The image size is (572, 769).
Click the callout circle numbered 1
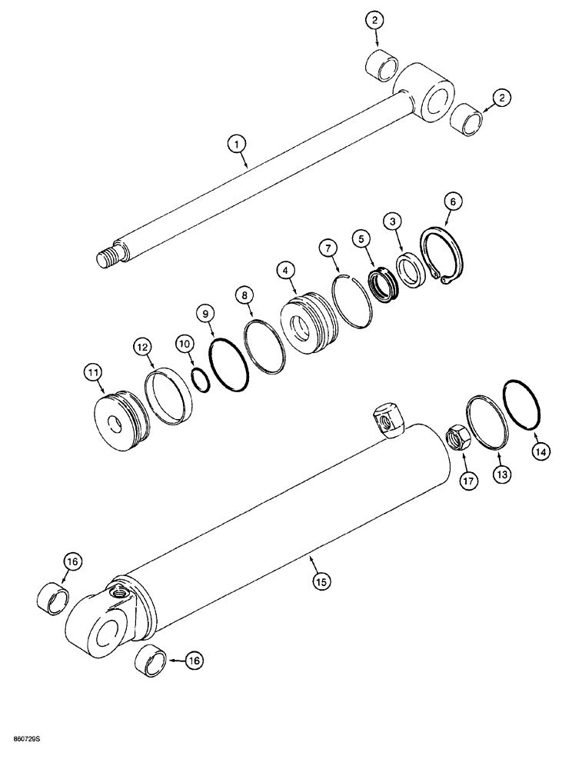coord(237,143)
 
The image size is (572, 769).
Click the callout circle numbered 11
coord(94,373)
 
